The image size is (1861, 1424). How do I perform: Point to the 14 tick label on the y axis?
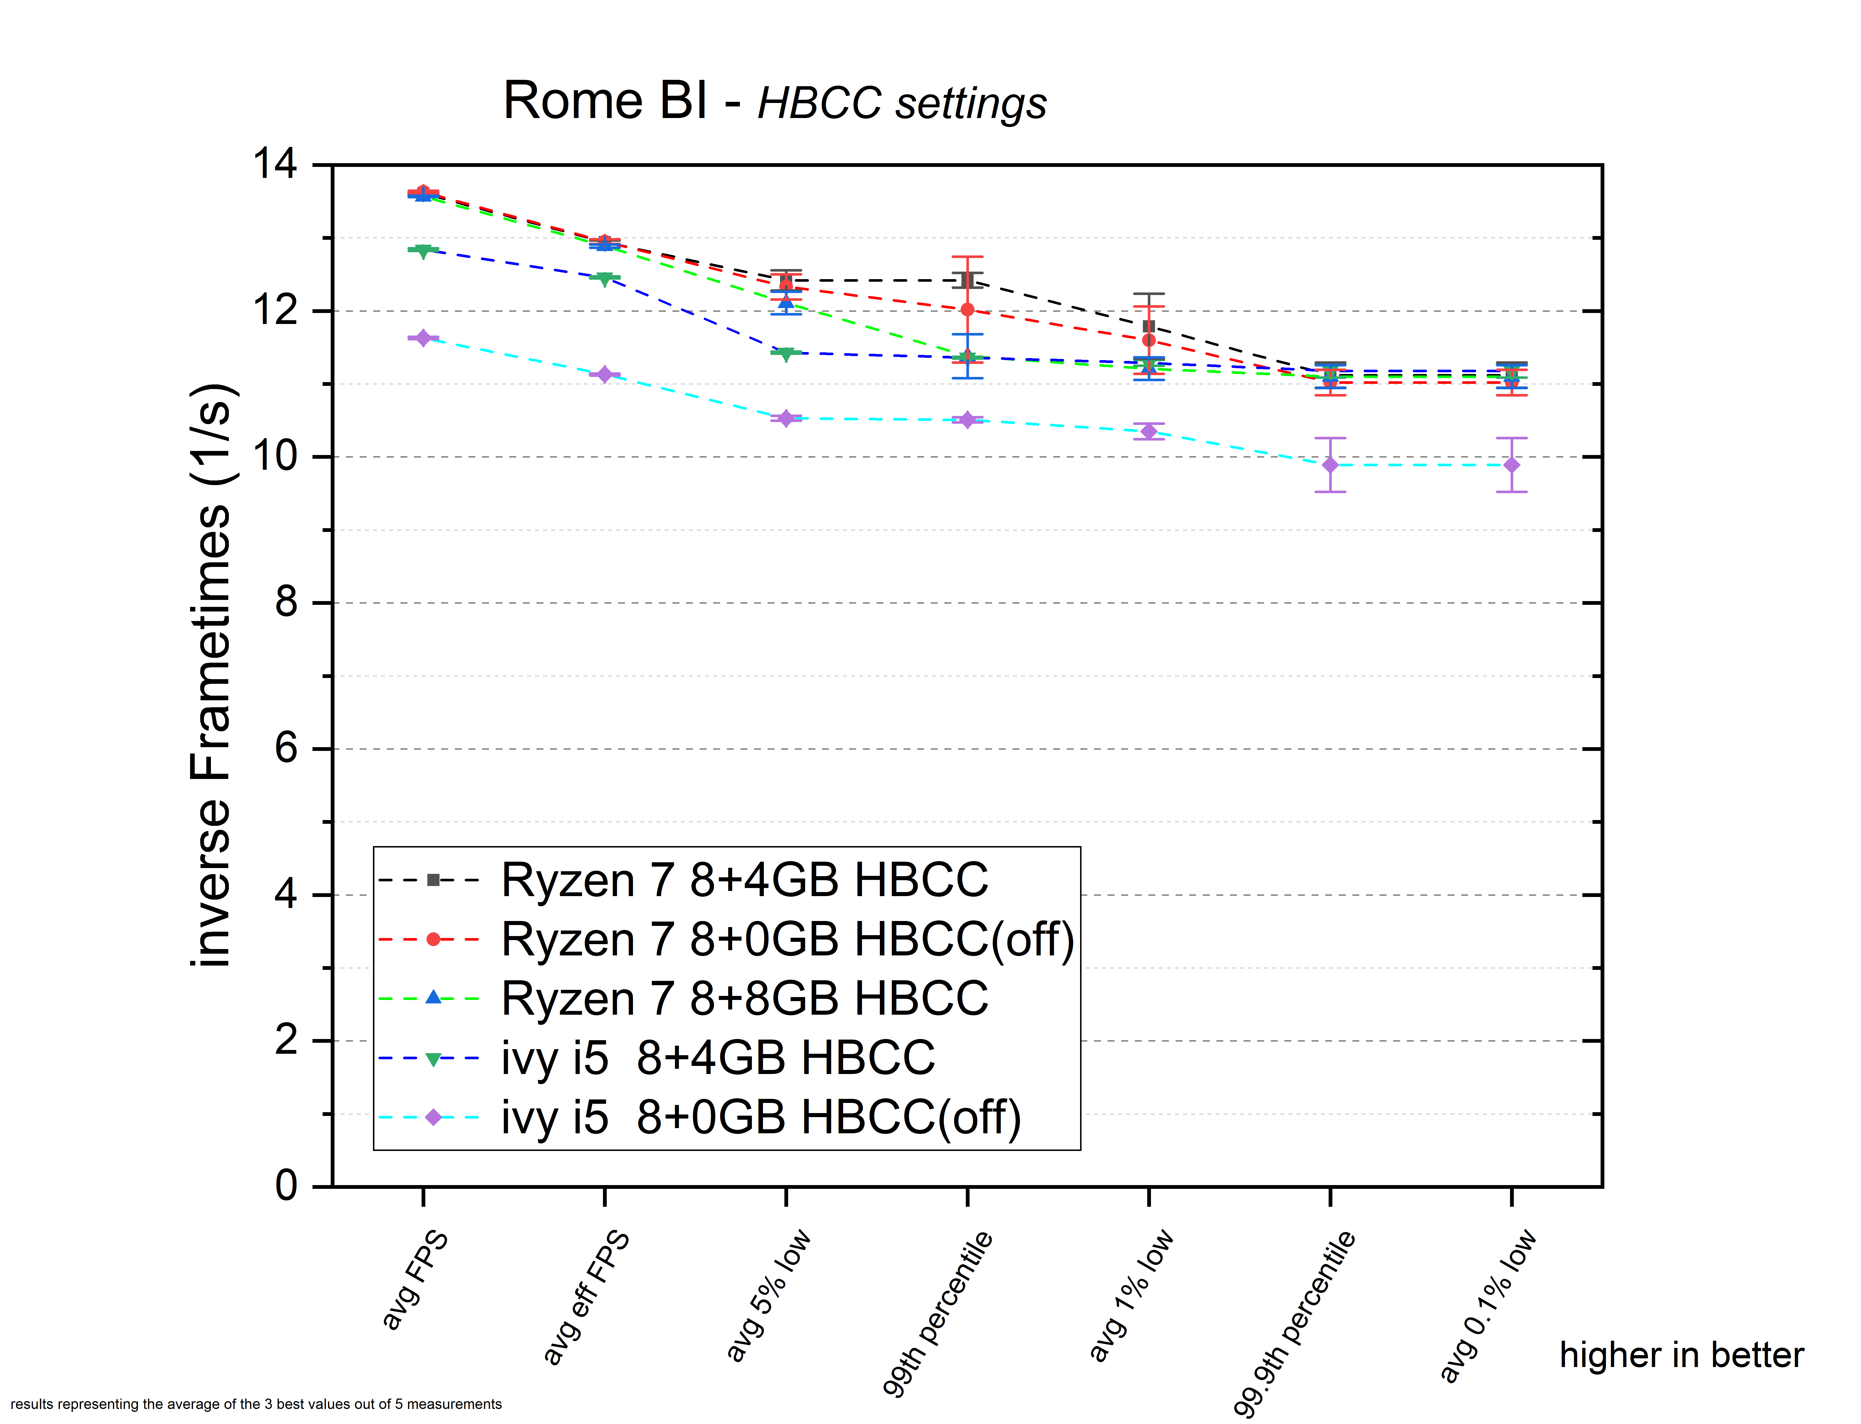click(x=275, y=164)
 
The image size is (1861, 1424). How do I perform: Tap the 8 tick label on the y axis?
click(x=286, y=603)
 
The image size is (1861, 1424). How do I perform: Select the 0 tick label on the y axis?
click(x=286, y=1185)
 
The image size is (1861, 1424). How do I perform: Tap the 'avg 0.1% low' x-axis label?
click(x=1488, y=1305)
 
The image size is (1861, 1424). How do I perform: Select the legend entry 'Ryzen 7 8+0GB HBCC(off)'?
click(x=787, y=939)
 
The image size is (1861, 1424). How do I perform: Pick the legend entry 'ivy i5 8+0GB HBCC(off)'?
click(x=760, y=1117)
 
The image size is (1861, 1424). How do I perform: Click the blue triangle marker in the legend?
click(x=433, y=998)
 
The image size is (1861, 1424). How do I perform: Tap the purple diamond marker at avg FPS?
click(x=423, y=338)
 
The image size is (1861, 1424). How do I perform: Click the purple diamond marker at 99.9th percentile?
click(x=1330, y=465)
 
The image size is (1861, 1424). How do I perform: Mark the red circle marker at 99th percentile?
click(x=967, y=310)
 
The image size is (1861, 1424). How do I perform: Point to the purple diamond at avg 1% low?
click(x=1149, y=432)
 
